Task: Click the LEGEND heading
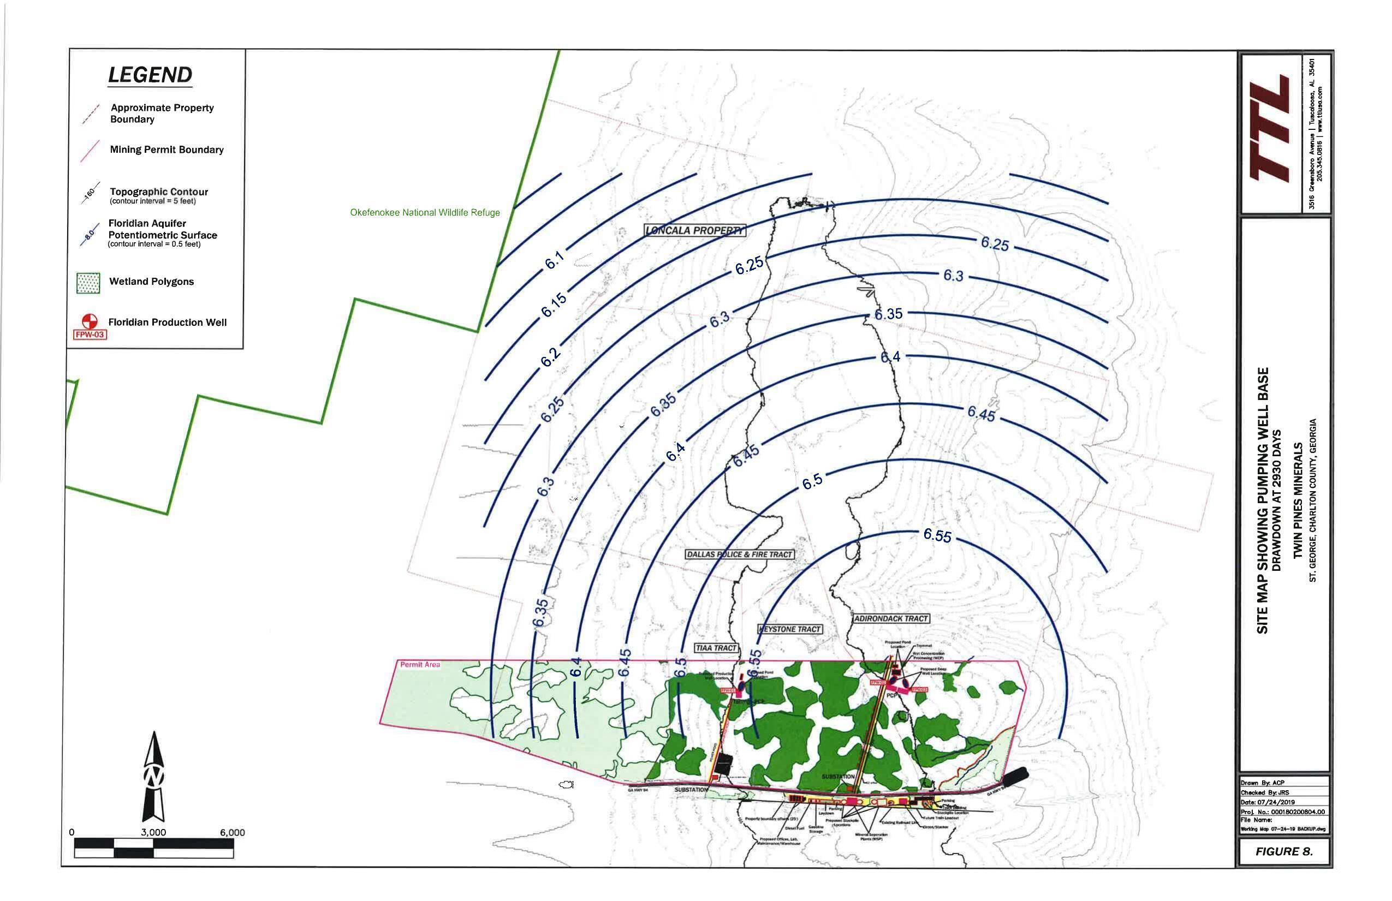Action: pos(150,75)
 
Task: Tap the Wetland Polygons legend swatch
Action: pos(88,282)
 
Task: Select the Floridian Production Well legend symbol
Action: pos(89,321)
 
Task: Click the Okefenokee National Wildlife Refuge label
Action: pos(425,213)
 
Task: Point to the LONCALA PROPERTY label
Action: pos(695,230)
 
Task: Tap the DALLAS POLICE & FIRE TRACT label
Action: pos(739,554)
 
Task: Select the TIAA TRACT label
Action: pos(716,648)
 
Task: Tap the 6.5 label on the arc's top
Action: pos(812,481)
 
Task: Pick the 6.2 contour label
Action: pos(550,357)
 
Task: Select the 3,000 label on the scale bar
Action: pos(153,833)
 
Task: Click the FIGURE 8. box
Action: pos(1284,851)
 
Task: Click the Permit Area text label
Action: pos(419,665)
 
